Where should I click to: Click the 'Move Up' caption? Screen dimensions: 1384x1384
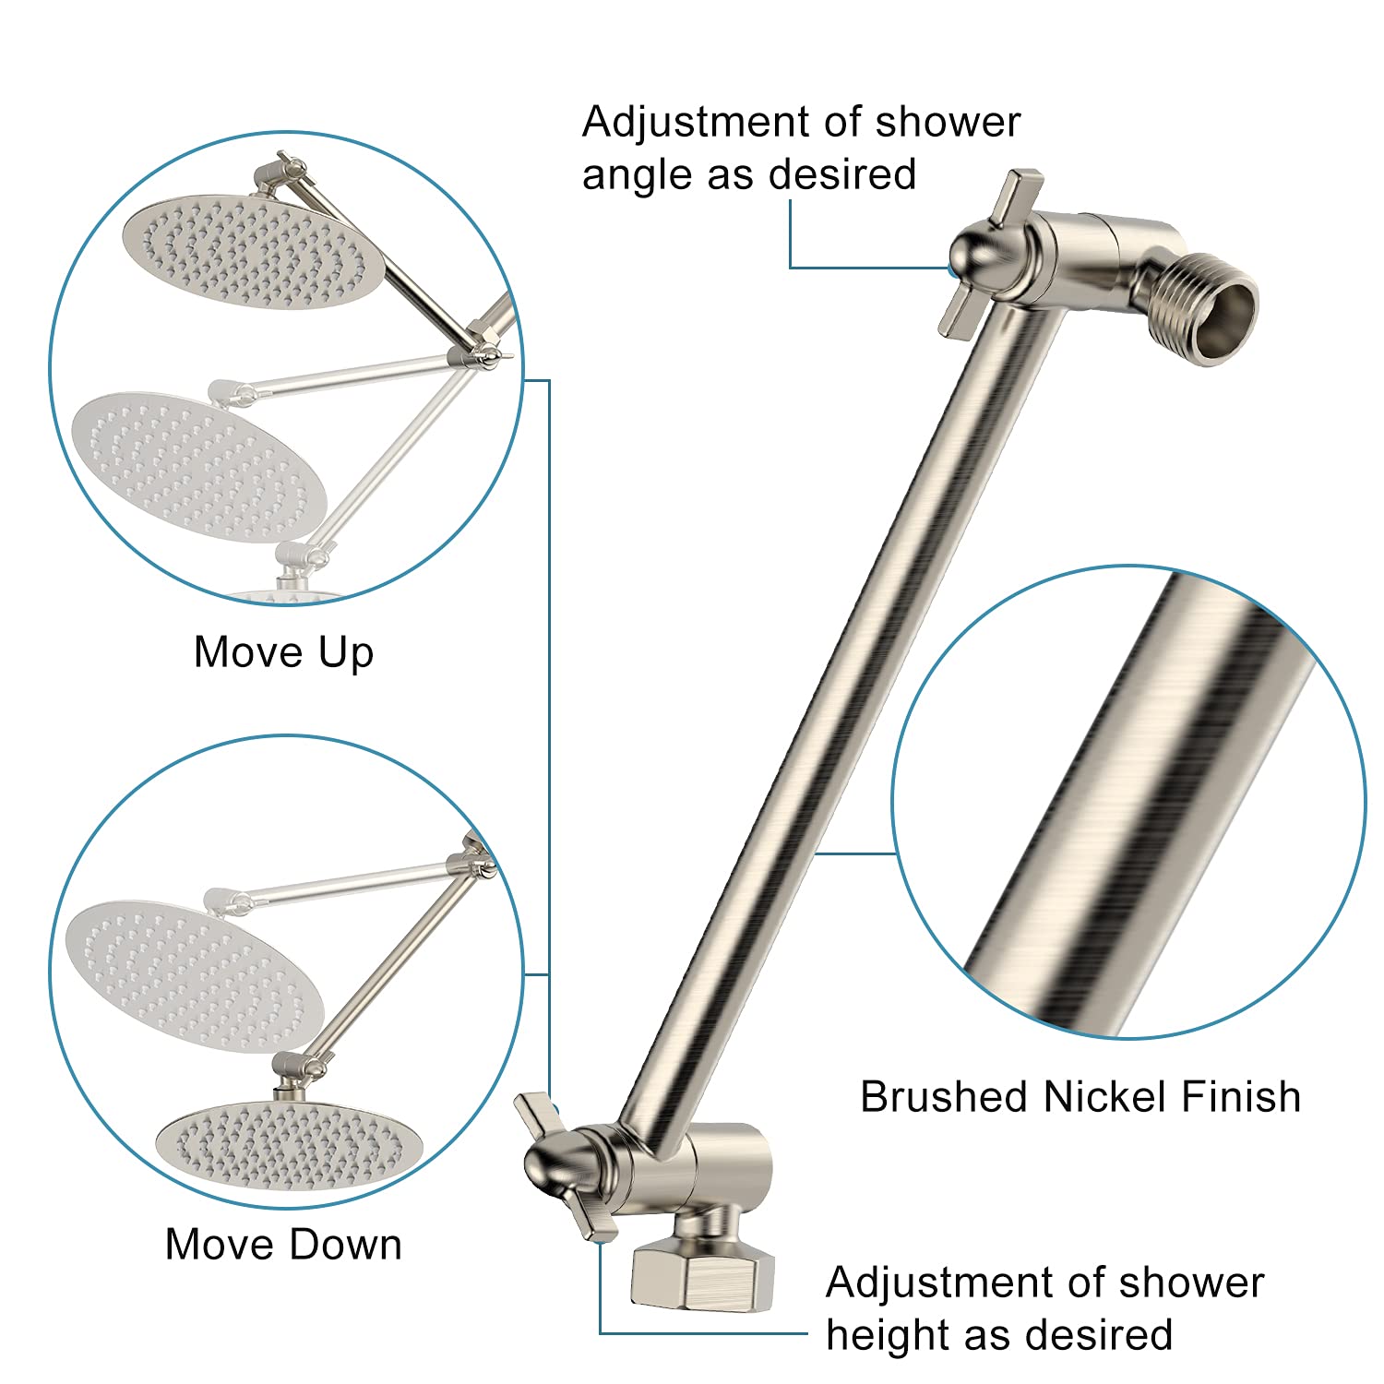tap(283, 652)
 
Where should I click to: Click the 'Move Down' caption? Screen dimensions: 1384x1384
tap(283, 1244)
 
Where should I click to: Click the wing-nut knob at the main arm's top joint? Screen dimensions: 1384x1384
tap(980, 251)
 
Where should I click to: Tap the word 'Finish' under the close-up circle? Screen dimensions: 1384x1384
tap(1241, 1097)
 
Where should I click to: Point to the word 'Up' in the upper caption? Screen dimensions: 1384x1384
tap(346, 652)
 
